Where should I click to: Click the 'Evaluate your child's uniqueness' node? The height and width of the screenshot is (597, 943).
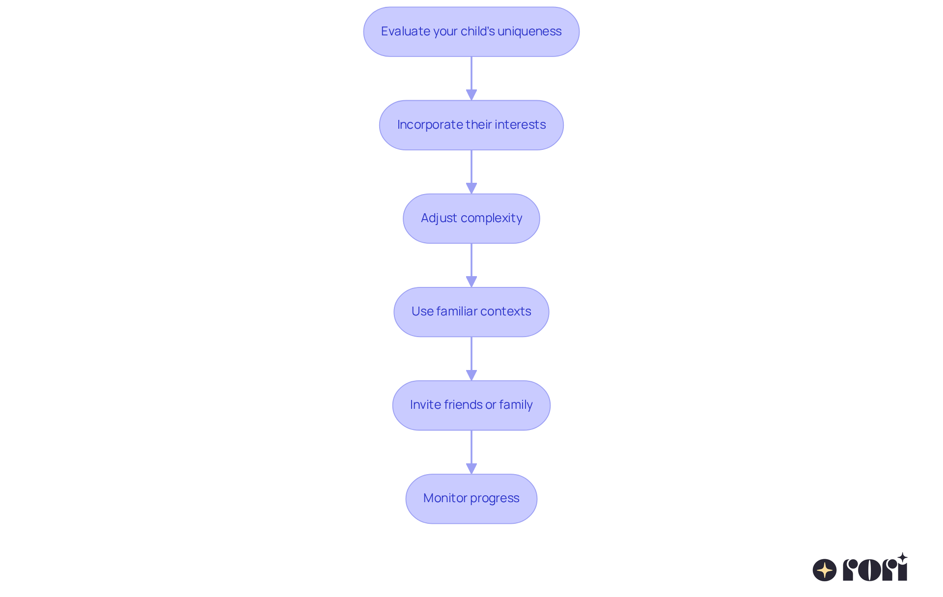click(471, 31)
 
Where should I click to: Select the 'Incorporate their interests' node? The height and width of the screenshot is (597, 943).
click(471, 125)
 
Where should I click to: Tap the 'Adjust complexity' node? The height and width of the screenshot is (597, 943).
click(471, 218)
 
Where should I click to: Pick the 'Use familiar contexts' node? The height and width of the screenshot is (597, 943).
click(471, 312)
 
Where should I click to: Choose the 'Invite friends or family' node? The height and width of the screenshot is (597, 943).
click(471, 405)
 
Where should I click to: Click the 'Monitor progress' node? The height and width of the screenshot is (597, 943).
click(471, 498)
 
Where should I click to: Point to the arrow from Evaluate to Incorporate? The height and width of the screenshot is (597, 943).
click(471, 79)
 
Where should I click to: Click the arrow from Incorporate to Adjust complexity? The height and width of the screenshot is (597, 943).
click(471, 172)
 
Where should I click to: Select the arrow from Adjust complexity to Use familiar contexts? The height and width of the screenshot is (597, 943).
click(471, 265)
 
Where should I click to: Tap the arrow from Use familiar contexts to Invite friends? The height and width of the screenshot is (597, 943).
click(471, 359)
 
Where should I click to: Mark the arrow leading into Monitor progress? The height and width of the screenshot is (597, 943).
click(471, 452)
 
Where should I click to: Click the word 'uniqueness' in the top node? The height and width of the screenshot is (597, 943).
click(529, 31)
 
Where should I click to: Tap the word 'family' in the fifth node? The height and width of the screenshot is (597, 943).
click(516, 405)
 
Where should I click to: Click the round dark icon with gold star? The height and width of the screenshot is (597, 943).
click(825, 570)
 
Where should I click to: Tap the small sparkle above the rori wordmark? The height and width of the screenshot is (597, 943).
click(902, 558)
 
